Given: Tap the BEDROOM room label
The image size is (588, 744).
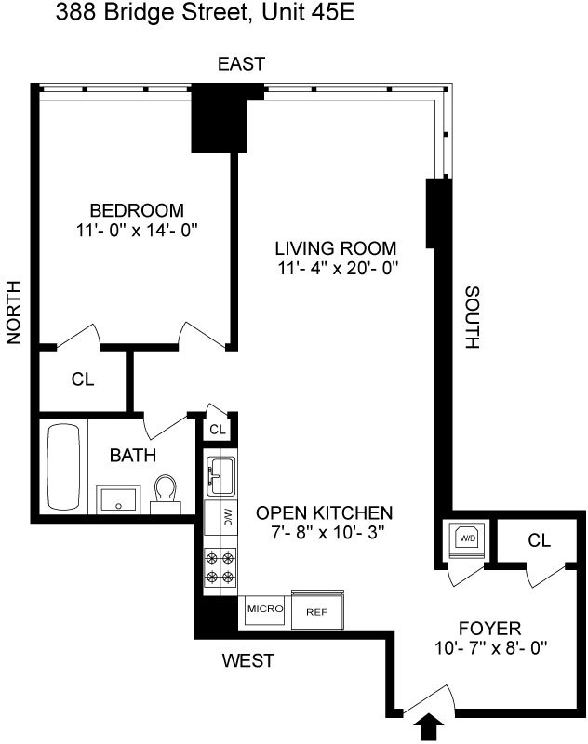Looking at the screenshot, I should (137, 210).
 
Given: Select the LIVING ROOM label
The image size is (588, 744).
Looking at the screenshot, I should (335, 248).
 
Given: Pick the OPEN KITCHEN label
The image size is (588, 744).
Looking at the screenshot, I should (325, 512).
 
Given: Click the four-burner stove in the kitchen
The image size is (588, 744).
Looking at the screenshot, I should (221, 567).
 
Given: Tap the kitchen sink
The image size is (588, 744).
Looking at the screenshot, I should (220, 473).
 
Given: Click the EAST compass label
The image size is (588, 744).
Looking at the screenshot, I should (241, 63).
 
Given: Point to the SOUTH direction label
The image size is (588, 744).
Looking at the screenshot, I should (471, 317).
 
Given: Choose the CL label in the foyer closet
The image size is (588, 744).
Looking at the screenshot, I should (539, 539).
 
